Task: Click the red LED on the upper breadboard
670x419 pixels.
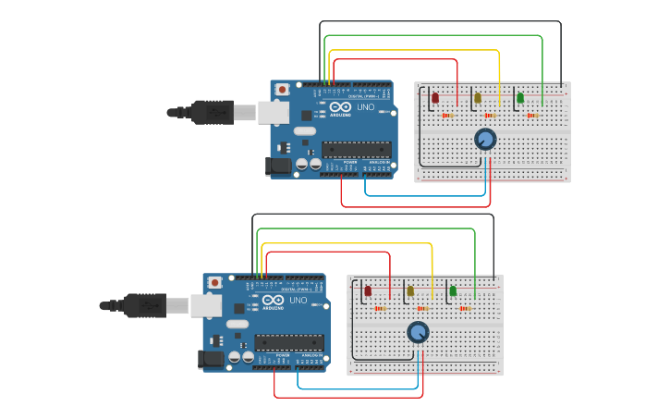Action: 435,97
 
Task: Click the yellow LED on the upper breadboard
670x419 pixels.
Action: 478,97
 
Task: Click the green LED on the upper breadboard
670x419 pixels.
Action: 520,97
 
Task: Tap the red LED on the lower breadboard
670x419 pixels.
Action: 368,291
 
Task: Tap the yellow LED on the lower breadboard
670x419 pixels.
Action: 410,291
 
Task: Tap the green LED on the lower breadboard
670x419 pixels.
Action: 453,291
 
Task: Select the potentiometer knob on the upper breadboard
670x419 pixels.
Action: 485,140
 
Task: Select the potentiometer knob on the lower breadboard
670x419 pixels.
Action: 418,333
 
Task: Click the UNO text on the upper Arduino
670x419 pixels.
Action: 366,106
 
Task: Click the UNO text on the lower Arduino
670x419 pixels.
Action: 298,301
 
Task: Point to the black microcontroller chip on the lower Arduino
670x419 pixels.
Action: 288,342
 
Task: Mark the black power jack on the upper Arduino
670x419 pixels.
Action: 278,166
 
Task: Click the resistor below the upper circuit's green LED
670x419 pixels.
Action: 532,116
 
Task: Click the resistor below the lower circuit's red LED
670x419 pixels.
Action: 380,309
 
